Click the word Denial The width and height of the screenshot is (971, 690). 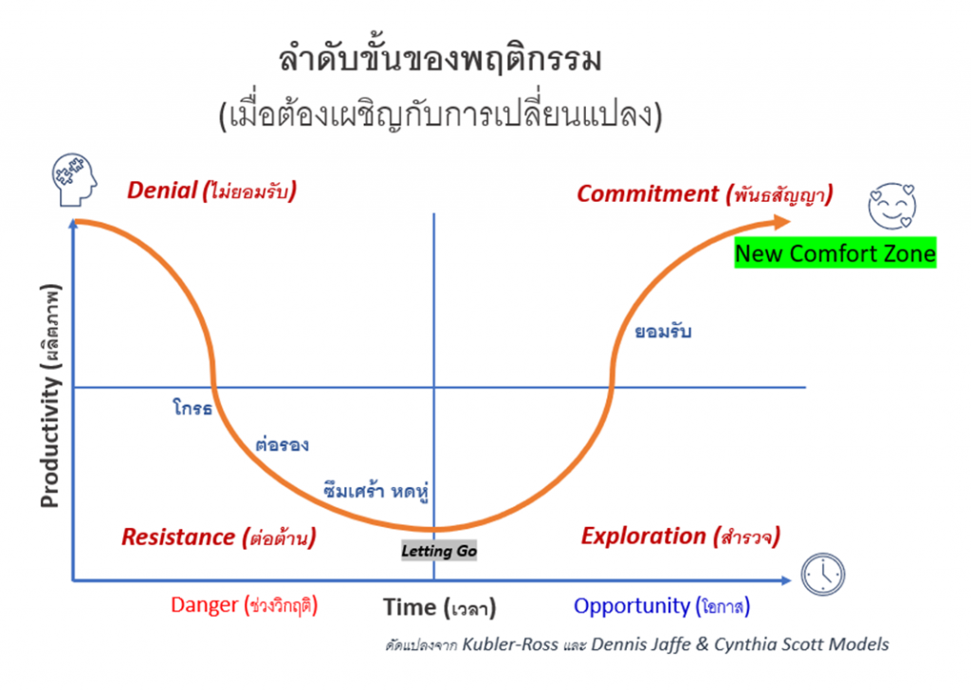pos(162,190)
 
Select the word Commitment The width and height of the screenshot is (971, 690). pos(648,193)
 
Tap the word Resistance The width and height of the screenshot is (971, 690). pos(178,536)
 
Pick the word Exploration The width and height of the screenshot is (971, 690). pos(644,536)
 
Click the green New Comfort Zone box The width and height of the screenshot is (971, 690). pos(835,253)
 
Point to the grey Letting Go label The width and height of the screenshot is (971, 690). pos(439,551)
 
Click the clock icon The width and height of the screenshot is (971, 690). pos(823,575)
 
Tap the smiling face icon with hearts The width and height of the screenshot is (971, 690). pos(891,206)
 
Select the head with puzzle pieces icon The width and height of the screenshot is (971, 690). pos(74,179)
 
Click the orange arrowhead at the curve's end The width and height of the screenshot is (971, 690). pos(781,222)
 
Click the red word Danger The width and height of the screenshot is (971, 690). pos(205,605)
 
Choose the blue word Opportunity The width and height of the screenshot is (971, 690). pos(632,606)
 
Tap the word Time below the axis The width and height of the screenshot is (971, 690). pos(410,608)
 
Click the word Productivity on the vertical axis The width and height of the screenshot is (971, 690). pos(50,442)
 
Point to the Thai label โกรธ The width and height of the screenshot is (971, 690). pos(192,408)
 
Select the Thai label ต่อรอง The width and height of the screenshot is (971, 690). pos(283,445)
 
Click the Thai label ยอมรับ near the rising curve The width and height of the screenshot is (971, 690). pos(663,332)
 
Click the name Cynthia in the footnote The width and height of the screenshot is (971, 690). pos(747,645)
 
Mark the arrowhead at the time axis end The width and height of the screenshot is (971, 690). pos(786,580)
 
